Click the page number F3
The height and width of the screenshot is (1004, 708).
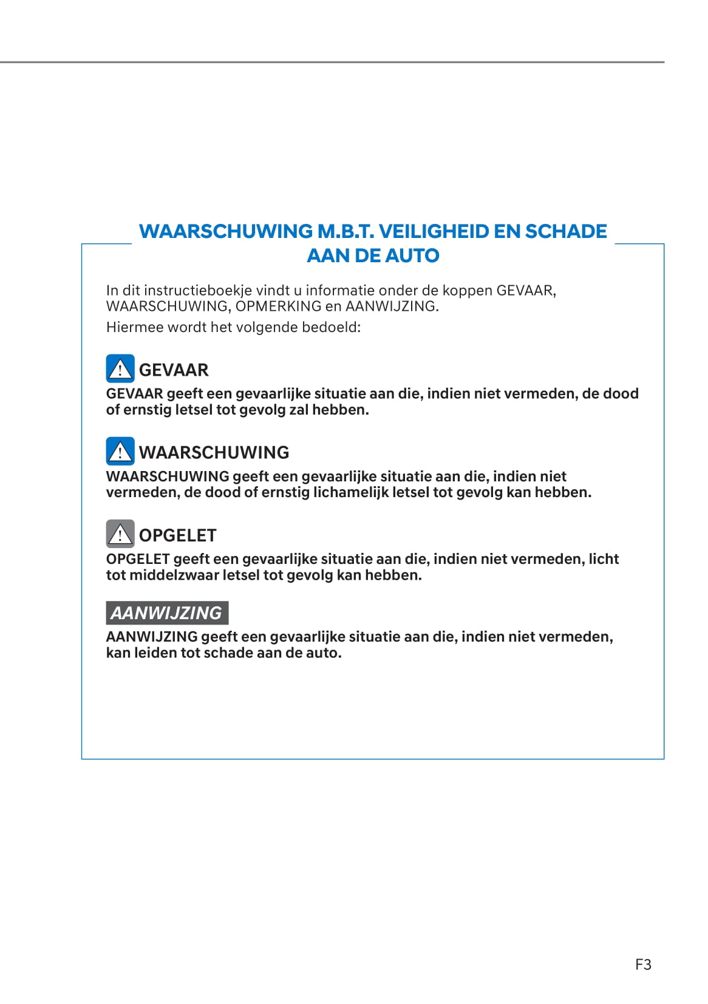[643, 964]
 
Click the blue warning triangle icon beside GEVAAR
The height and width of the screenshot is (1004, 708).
[120, 368]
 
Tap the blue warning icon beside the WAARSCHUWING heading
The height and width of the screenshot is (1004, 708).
[120, 451]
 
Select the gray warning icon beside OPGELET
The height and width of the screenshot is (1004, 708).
[120, 534]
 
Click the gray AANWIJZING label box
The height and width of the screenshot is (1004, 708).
[167, 612]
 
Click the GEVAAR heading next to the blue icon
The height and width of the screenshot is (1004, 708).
[174, 370]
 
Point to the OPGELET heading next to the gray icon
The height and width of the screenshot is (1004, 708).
[177, 535]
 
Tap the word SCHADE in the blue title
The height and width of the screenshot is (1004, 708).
[565, 231]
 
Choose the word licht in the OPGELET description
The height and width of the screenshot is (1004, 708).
[604, 558]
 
